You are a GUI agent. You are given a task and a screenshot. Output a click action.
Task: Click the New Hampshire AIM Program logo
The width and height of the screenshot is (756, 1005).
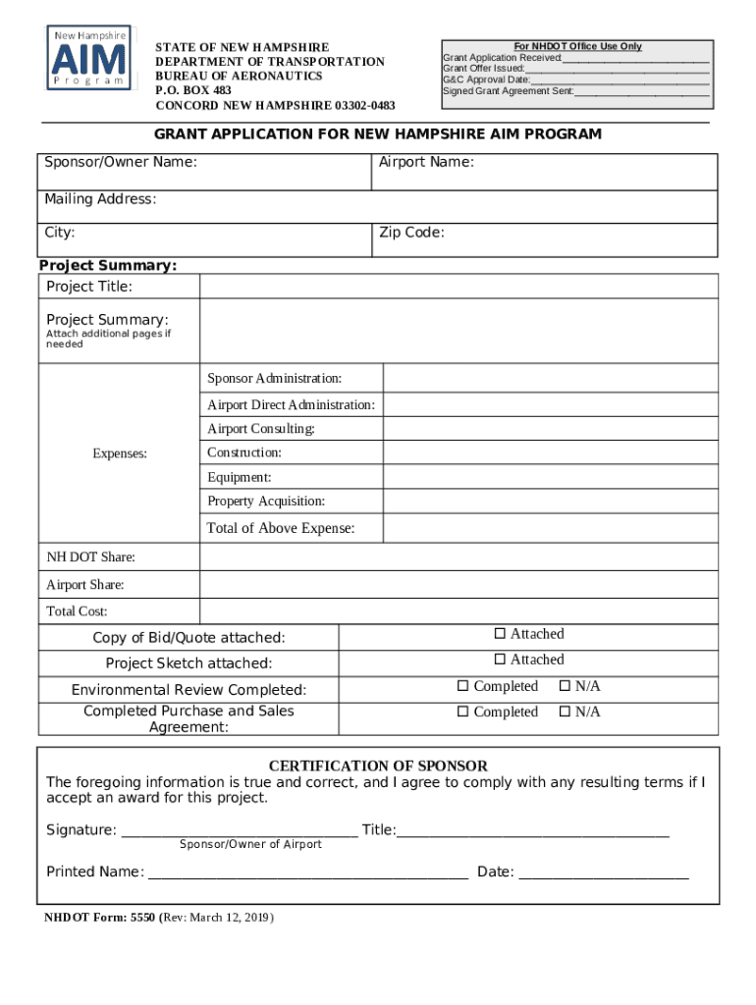89,59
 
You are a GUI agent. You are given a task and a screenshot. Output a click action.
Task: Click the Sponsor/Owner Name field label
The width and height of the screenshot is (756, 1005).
121,161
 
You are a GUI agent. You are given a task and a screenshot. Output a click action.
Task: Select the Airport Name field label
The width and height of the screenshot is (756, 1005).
426,161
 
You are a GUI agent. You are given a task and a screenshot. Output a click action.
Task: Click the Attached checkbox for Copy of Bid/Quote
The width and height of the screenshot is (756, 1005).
499,634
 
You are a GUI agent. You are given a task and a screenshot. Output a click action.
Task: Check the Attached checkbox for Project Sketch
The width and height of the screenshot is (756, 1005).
499,660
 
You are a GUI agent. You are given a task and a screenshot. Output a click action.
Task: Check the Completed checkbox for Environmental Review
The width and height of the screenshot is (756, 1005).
462,686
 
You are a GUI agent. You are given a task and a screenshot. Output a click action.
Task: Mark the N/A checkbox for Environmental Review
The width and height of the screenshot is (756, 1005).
565,686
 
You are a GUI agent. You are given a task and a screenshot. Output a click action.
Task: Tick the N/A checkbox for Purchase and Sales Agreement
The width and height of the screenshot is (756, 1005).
565,712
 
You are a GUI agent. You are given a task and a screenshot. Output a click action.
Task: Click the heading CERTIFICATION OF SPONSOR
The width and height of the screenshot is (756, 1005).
378,766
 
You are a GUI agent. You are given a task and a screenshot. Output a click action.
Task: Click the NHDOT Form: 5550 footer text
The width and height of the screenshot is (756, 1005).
158,918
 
